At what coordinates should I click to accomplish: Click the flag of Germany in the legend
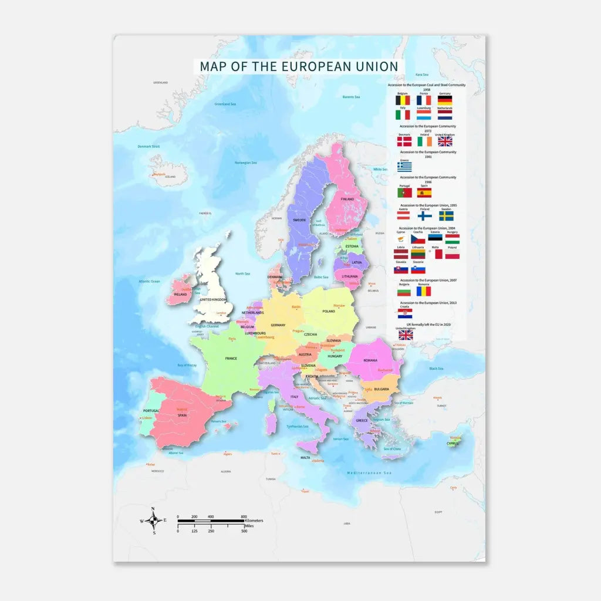(444, 100)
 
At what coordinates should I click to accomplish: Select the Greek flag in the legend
(404, 167)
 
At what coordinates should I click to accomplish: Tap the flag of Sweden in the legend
(446, 216)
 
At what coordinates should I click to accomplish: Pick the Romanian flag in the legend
(423, 291)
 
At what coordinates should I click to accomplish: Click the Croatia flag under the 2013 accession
(405, 313)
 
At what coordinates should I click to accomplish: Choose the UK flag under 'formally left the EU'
(405, 335)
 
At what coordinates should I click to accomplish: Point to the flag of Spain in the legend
(424, 192)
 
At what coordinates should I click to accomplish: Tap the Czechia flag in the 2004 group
(417, 239)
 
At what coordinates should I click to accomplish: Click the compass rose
(154, 520)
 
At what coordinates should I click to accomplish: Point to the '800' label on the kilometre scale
(244, 516)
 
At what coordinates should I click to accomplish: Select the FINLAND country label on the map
(347, 199)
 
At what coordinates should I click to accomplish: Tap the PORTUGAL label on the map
(151, 411)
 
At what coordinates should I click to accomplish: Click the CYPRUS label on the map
(452, 443)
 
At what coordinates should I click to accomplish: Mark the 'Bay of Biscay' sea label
(187, 365)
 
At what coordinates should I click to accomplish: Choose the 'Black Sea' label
(436, 369)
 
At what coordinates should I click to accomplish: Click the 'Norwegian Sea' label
(246, 163)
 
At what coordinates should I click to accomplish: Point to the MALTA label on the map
(305, 457)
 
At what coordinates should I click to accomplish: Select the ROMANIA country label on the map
(370, 360)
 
